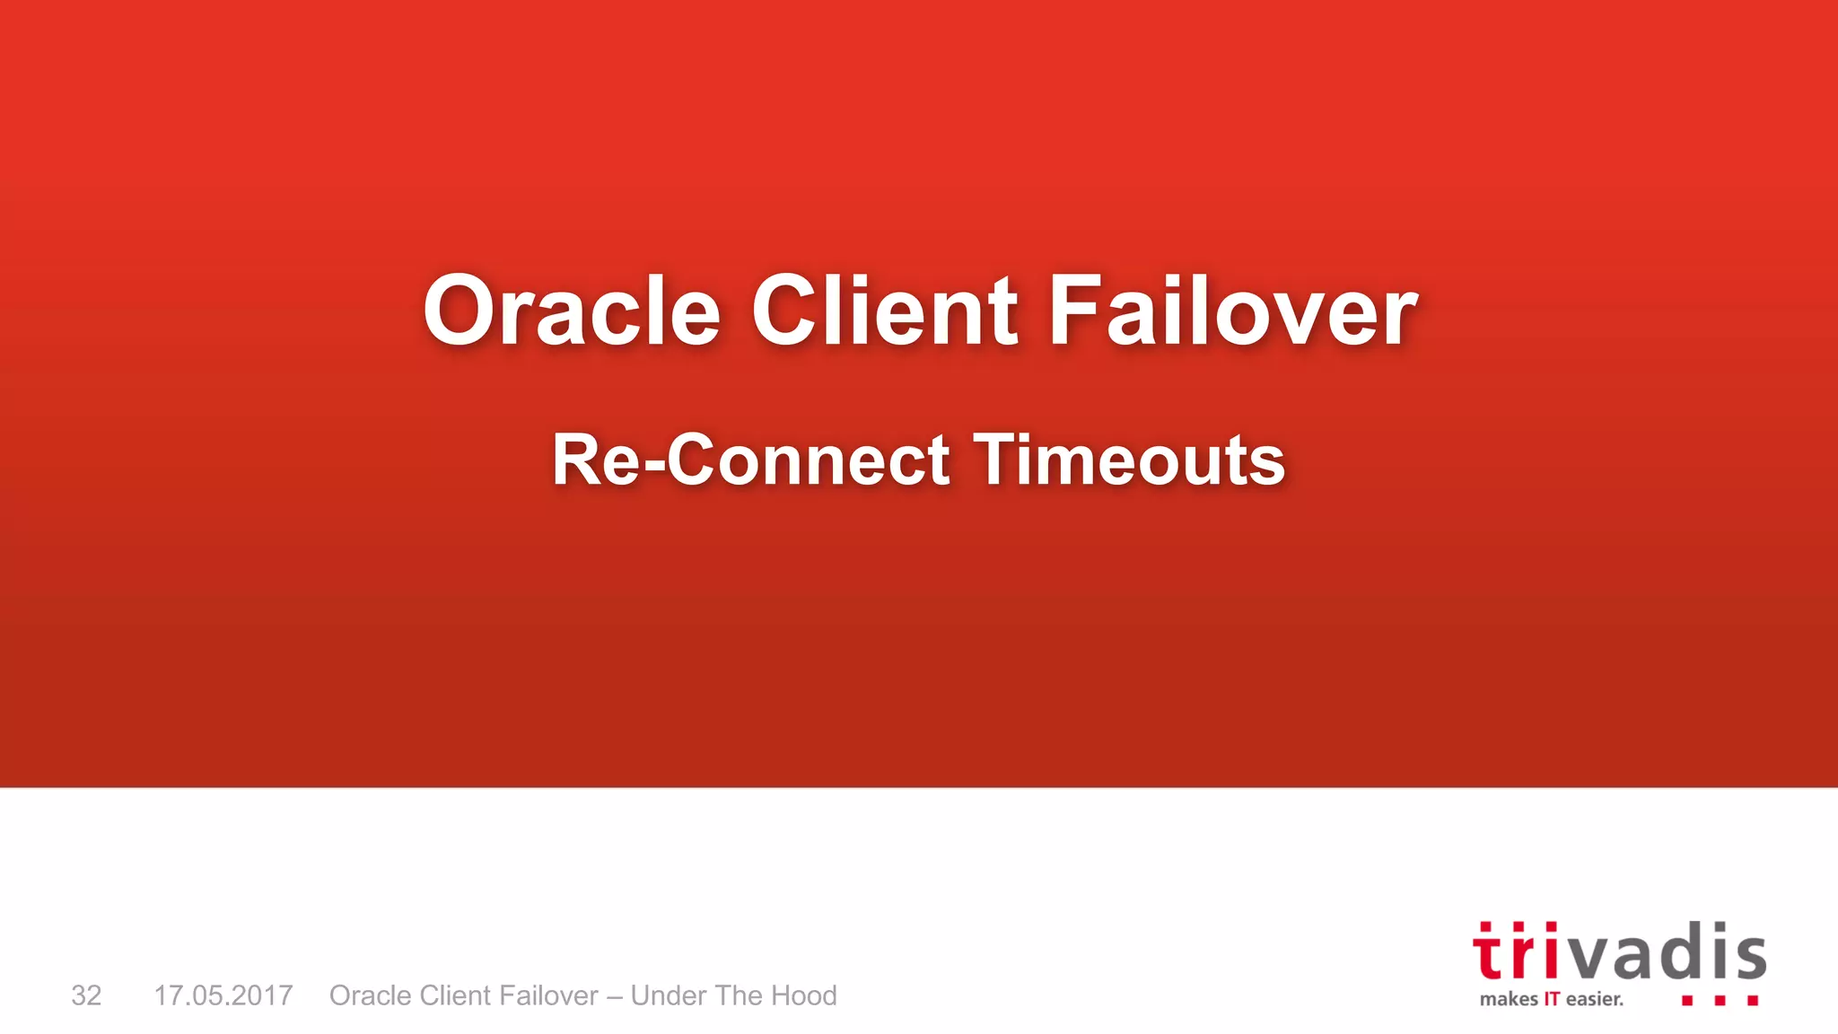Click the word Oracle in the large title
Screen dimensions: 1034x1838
pyautogui.click(x=572, y=311)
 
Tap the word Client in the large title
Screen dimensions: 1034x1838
pyautogui.click(x=884, y=311)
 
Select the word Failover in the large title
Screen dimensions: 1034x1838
pyautogui.click(x=1232, y=311)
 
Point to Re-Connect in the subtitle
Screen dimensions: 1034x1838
pyautogui.click(x=750, y=460)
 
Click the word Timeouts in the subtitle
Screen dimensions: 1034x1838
pyautogui.click(x=1129, y=460)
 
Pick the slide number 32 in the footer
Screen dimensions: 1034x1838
pyautogui.click(x=86, y=995)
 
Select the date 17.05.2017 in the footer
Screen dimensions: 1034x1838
pyautogui.click(x=223, y=995)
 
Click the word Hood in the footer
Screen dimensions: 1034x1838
pyautogui.click(x=804, y=995)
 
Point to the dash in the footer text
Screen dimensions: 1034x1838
pyautogui.click(x=614, y=996)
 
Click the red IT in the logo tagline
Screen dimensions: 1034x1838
pyautogui.click(x=1552, y=999)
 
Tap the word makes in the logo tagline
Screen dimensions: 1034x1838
pyautogui.click(x=1508, y=999)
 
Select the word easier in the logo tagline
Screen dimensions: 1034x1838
pyautogui.click(x=1594, y=999)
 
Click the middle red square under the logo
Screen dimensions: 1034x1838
pyautogui.click(x=1720, y=1000)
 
